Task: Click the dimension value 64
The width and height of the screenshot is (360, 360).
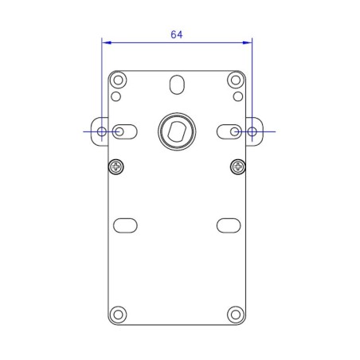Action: (175, 34)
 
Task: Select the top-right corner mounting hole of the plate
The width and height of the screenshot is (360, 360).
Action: (235, 80)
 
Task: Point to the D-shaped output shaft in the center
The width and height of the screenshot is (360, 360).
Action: (176, 130)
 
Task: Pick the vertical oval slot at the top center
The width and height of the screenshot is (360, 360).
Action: (176, 84)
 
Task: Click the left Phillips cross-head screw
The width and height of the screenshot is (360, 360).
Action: (117, 166)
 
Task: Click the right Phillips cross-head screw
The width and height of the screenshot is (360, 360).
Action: (237, 166)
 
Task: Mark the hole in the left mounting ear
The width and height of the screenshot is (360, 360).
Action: (102, 131)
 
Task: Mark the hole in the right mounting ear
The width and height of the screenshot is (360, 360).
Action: (252, 131)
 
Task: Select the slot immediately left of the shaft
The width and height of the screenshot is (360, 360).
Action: (125, 131)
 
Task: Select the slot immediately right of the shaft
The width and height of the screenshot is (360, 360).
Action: (229, 131)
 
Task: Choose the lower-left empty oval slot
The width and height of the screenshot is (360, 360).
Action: (125, 225)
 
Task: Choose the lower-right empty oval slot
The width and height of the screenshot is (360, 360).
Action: (229, 225)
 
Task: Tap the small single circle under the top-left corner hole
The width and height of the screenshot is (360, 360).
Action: (116, 97)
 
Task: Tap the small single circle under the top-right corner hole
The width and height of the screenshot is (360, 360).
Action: (237, 97)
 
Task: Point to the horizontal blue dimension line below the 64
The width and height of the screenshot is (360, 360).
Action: (177, 43)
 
